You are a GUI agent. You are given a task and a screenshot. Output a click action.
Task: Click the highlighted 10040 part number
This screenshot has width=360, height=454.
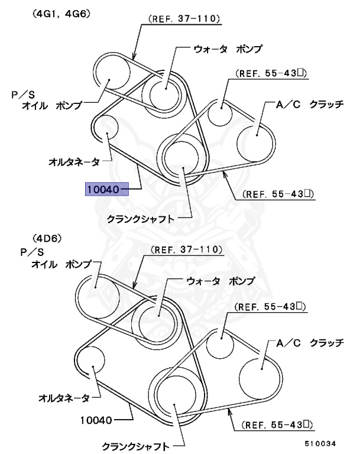(103, 190)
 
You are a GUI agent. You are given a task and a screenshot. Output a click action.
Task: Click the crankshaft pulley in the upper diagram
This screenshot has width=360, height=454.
(183, 156)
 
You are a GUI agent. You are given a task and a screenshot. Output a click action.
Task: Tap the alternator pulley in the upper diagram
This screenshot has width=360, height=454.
(107, 129)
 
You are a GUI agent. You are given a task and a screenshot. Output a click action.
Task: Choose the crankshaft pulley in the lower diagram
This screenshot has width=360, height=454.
(176, 398)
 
